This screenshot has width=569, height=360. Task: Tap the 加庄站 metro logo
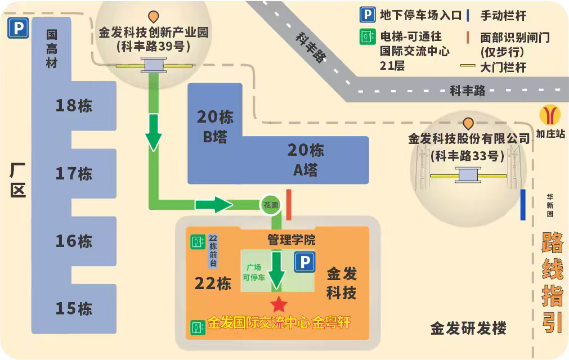tap(549, 115)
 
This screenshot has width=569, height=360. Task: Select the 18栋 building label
tap(74, 105)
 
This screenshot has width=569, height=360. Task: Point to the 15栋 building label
tap(74, 308)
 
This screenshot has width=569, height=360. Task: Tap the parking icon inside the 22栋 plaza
tap(304, 262)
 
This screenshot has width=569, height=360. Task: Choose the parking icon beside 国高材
tap(17, 29)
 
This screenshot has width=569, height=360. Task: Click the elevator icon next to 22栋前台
tap(197, 242)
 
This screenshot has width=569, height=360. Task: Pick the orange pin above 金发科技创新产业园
tap(153, 17)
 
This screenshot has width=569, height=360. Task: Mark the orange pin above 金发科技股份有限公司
tap(468, 123)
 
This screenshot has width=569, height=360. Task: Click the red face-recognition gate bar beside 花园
tap(288, 205)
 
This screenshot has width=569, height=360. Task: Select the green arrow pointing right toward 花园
tap(214, 205)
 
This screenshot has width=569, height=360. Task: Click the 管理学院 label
tap(291, 240)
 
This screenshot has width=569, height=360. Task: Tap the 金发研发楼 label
tap(468, 328)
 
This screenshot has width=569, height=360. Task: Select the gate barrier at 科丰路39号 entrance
tap(152, 66)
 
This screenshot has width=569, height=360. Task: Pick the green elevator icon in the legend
tap(368, 37)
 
